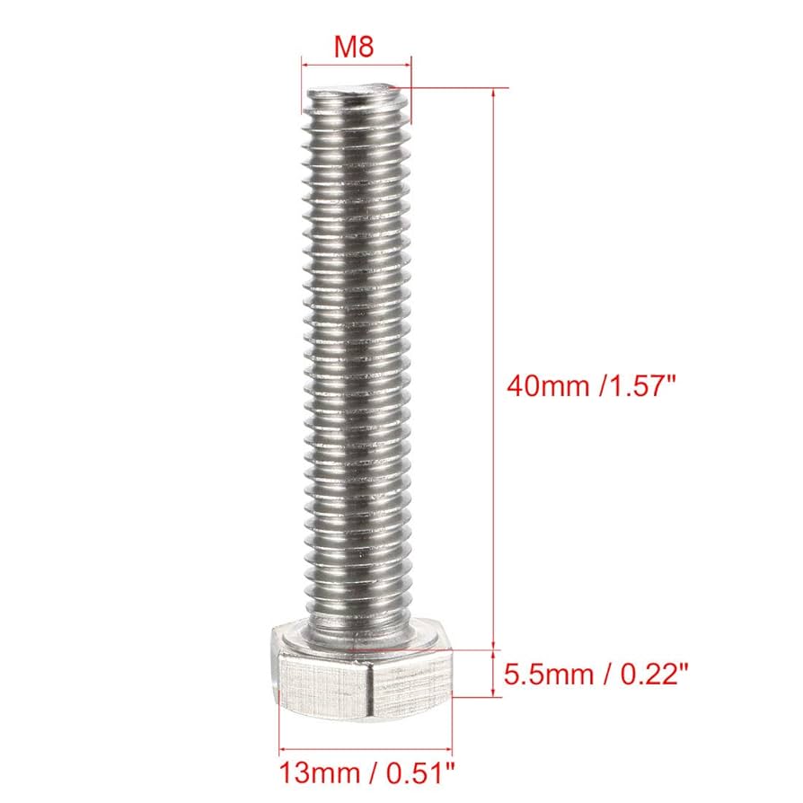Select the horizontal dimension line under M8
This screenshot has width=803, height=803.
[x=357, y=65]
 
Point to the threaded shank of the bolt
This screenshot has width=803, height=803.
[x=357, y=359]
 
